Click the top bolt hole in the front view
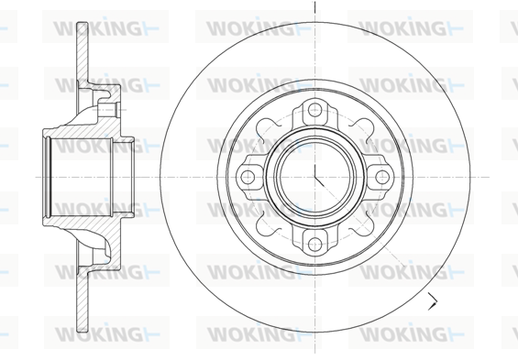tap(315, 109)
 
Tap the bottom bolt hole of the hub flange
tap(314, 245)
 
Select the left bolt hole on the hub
tap(248, 177)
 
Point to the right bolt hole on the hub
tap(382, 177)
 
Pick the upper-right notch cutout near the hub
tap(363, 128)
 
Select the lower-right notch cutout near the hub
tap(363, 225)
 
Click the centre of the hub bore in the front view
tap(314, 177)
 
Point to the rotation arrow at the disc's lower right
tap(433, 301)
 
